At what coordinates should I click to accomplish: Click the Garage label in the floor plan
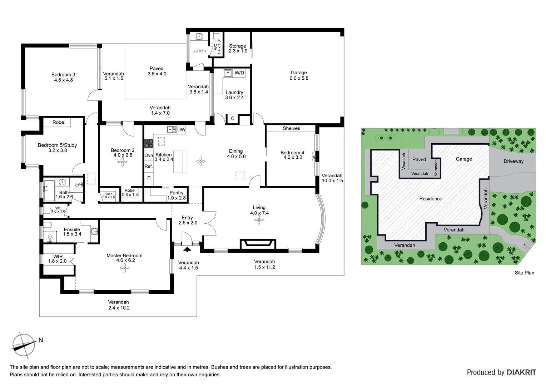click(299, 75)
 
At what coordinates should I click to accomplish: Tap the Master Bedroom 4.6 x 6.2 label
click(124, 258)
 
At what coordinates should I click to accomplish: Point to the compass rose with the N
click(24, 345)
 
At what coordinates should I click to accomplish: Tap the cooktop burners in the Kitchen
click(148, 144)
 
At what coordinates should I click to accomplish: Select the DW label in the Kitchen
click(181, 130)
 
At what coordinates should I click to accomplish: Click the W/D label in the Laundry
click(239, 73)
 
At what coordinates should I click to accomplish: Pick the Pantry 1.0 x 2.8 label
click(177, 195)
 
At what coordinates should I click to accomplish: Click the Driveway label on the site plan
click(513, 161)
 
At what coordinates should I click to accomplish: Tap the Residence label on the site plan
click(431, 199)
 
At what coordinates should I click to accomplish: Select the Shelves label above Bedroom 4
click(291, 128)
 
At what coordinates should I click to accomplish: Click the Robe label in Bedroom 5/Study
click(58, 122)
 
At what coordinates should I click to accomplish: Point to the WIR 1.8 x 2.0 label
click(58, 259)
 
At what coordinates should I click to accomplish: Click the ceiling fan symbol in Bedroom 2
click(123, 163)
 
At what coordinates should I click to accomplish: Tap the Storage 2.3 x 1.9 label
click(238, 48)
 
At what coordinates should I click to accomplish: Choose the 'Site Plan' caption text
click(524, 273)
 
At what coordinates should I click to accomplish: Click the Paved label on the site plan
click(419, 159)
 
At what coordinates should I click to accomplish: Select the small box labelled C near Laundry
click(233, 119)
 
